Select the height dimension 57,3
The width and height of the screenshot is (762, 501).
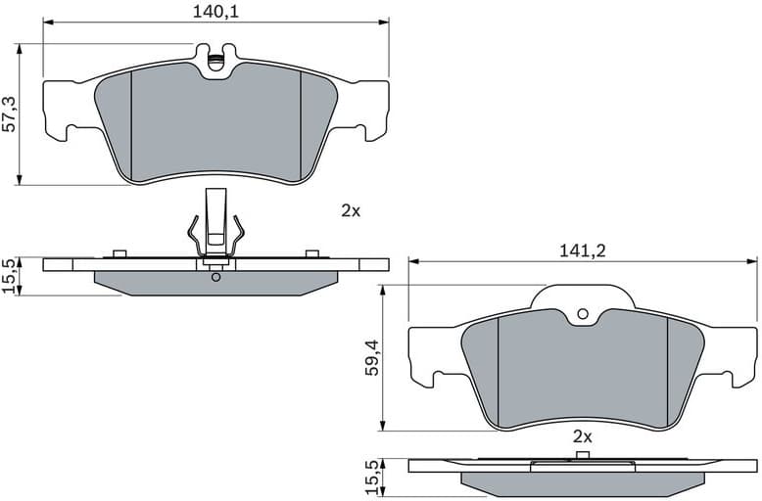point(11,114)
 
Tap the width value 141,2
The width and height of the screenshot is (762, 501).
point(584,250)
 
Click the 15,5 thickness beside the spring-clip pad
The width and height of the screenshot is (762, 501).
point(11,275)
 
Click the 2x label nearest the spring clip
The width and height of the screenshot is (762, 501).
point(351,210)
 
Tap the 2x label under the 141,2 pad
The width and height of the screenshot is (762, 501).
point(583,436)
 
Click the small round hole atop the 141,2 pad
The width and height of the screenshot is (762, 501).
point(583,314)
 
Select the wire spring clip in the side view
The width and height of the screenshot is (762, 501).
point(215,230)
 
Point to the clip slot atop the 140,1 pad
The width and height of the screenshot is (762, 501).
point(215,61)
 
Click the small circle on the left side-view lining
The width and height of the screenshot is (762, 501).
point(215,277)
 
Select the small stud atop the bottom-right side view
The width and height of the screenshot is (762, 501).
point(583,455)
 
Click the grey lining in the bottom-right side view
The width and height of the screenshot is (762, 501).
point(583,481)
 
